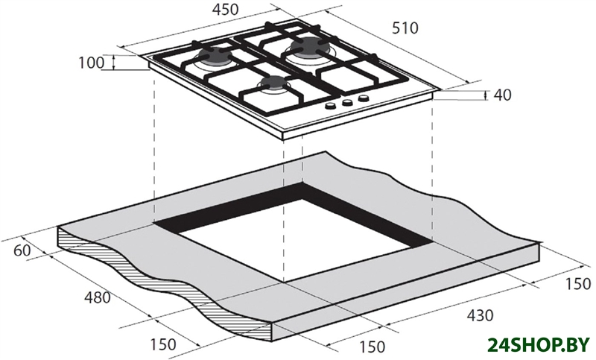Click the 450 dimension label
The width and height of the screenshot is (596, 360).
(226, 10)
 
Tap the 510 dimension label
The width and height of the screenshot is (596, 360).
(405, 28)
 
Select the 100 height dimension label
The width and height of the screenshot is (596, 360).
(91, 63)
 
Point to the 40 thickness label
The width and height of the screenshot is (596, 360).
(502, 95)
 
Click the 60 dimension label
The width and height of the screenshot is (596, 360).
(22, 251)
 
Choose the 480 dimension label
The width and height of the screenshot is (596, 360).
(97, 297)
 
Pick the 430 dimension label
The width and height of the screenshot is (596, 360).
(480, 315)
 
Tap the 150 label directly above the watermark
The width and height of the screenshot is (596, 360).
(579, 284)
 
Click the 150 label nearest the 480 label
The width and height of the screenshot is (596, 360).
(163, 344)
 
